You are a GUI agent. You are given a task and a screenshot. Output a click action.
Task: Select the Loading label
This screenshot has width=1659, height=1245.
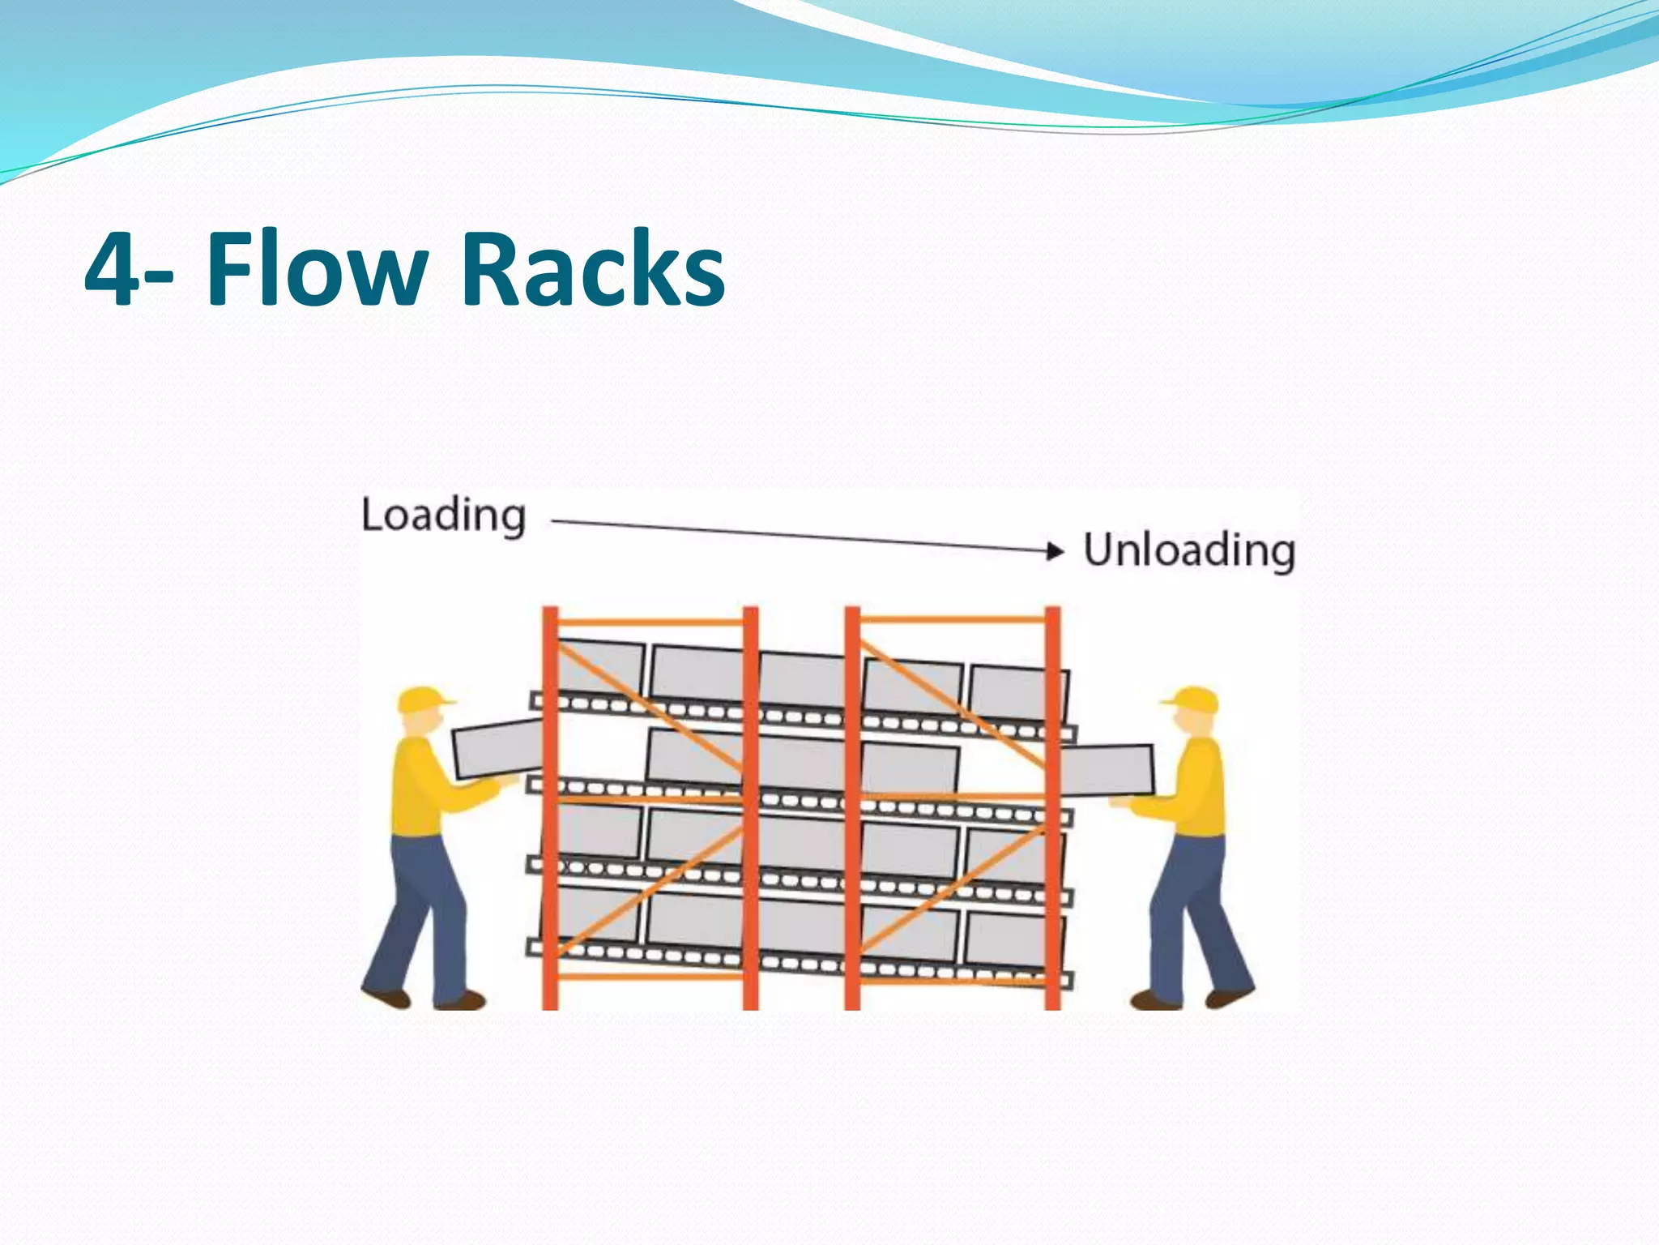tap(443, 516)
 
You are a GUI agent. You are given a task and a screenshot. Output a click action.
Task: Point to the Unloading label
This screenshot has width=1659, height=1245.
tap(1189, 550)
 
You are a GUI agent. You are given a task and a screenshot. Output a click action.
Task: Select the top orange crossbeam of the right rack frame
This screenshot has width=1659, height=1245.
tap(952, 620)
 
